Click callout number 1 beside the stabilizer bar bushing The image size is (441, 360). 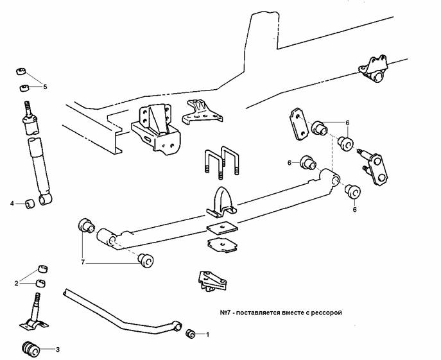(x=207, y=334)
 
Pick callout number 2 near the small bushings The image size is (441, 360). (x=17, y=282)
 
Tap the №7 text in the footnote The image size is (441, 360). (x=225, y=313)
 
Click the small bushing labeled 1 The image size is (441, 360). (x=190, y=334)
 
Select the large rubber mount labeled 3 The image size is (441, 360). (x=31, y=348)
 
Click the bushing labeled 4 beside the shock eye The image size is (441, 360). (x=29, y=204)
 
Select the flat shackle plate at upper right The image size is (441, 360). (x=296, y=123)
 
